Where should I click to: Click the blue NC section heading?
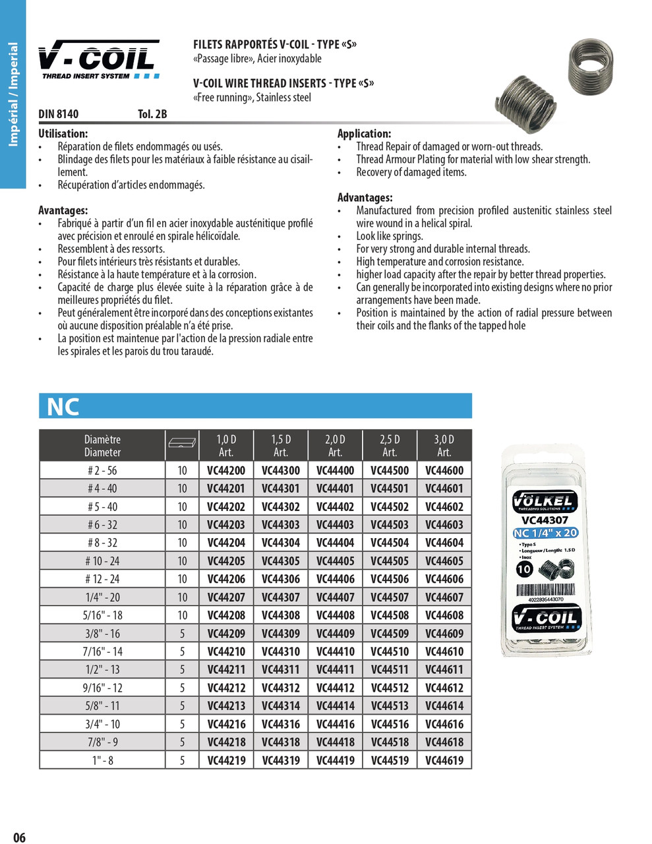[x=63, y=407]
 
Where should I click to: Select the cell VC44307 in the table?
[x=281, y=597]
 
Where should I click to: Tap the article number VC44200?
[x=226, y=471]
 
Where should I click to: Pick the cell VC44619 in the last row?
[x=444, y=760]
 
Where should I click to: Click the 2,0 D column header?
[x=335, y=446]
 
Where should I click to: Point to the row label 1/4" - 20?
[x=102, y=597]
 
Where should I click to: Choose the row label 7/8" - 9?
[x=102, y=742]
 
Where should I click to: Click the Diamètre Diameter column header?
[x=102, y=446]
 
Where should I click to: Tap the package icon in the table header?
[x=182, y=443]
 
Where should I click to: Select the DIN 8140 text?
[x=58, y=114]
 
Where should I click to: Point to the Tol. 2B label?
[x=152, y=114]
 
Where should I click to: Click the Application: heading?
[x=364, y=133]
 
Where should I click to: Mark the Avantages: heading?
[x=63, y=210]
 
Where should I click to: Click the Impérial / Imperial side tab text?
[x=13, y=94]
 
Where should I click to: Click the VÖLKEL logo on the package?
[x=545, y=501]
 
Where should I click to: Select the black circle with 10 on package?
[x=524, y=569]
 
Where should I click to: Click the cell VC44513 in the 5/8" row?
[x=390, y=706]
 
